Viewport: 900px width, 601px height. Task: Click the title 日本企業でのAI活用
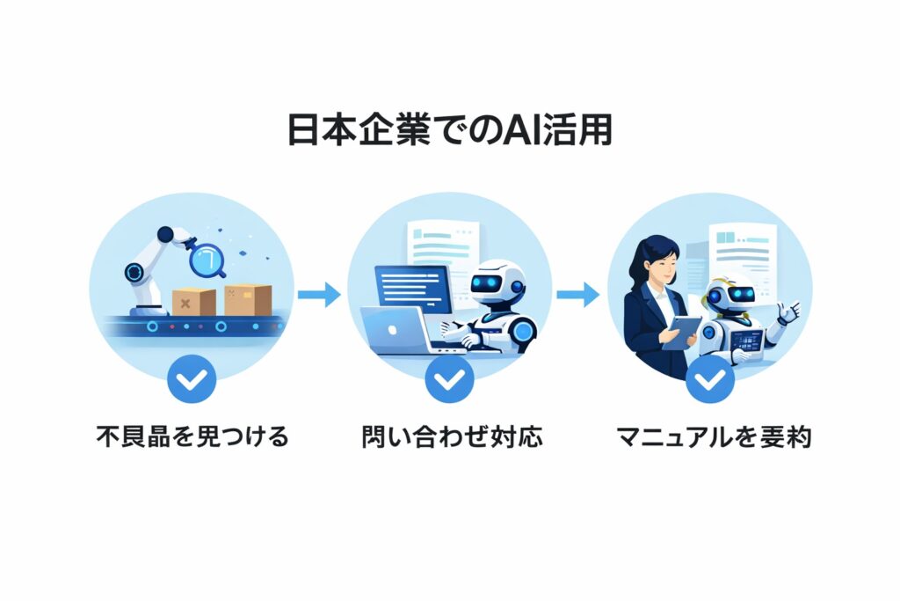pos(449,130)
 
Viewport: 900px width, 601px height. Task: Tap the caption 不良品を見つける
pos(192,436)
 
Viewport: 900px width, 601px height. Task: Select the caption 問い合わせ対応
pos(451,436)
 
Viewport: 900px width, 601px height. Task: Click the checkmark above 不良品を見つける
pos(191,379)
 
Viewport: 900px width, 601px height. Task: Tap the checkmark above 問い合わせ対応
pos(449,379)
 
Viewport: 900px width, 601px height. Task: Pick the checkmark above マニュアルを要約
pos(709,379)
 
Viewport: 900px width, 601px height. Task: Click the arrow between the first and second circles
pos(319,294)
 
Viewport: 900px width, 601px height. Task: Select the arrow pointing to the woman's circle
pos(578,294)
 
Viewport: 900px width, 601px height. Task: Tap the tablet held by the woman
pos(681,332)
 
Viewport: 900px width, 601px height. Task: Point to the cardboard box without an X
pos(248,299)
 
